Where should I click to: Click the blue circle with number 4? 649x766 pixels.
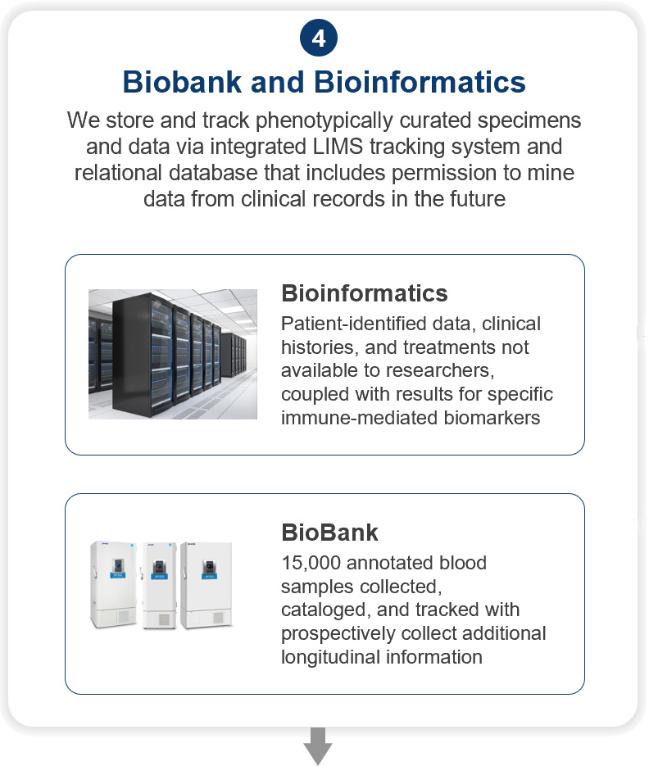319,39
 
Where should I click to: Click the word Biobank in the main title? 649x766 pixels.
182,82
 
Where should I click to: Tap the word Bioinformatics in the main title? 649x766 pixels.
420,82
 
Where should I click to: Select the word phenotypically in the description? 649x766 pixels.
324,120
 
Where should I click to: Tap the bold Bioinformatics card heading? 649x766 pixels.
365,293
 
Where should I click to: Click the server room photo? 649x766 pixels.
173,354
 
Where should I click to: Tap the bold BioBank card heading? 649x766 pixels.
330,533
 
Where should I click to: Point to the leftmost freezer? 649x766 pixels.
113,584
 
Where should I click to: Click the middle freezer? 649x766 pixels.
159,585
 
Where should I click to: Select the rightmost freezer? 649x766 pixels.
206,585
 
